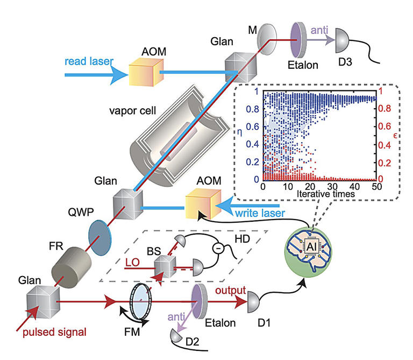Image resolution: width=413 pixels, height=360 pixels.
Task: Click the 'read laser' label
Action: point(87,61)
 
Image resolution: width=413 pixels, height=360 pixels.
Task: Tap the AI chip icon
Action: point(309,246)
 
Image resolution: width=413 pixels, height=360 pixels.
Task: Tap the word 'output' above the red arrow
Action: point(231,290)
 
